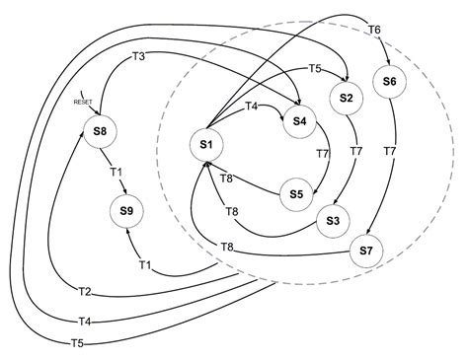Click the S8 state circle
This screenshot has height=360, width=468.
[x=100, y=131]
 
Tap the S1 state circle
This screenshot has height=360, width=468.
[x=206, y=145]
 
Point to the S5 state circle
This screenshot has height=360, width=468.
[x=295, y=194]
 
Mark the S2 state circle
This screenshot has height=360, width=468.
[x=346, y=98]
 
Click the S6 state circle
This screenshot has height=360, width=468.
[x=388, y=81]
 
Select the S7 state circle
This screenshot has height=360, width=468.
[x=365, y=252]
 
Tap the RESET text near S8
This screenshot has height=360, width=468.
[x=83, y=102]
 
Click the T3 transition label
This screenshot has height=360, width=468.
[x=139, y=56]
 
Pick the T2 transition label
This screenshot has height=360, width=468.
[x=84, y=291]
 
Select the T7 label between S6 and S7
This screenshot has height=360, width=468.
[x=390, y=152]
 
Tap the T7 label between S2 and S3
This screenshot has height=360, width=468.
[x=356, y=153]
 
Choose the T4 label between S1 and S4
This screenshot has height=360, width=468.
[x=251, y=106]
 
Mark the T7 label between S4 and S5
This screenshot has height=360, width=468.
[x=321, y=154]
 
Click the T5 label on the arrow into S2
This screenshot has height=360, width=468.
[x=315, y=69]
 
